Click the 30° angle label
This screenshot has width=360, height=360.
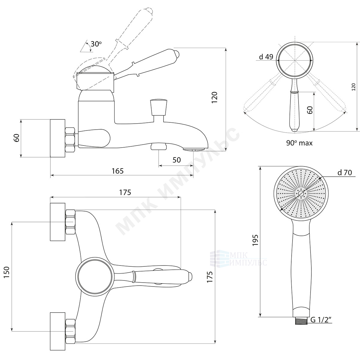(96, 44)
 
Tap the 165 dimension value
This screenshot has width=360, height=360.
(118, 171)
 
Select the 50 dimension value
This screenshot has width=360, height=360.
(176, 160)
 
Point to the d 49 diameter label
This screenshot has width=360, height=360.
(266, 57)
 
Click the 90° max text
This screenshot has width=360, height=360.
(299, 143)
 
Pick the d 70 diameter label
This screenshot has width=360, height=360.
(345, 172)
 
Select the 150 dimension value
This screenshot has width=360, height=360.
(7, 272)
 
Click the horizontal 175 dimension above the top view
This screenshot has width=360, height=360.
(125, 192)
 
